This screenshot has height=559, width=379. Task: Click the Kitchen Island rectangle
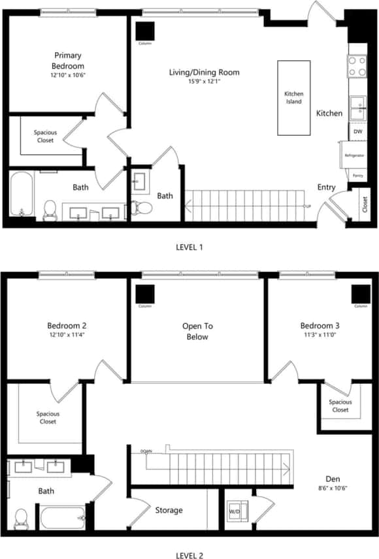coord(293,98)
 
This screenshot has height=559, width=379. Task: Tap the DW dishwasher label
coord(357,132)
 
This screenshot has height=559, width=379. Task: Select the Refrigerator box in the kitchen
coord(354,155)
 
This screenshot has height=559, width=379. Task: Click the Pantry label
coord(357,176)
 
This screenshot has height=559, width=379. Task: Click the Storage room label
coord(169,510)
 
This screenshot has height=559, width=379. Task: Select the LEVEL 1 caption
coord(189,247)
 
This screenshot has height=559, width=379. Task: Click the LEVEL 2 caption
coord(189,555)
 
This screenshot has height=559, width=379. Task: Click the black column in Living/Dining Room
coord(145,31)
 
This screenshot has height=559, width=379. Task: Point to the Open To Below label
coord(197,331)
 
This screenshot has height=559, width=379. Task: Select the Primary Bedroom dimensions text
coord(69,75)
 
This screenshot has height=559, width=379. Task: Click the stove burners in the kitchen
coord(357,65)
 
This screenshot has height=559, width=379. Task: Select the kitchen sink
coord(357,107)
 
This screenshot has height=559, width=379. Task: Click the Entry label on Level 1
coord(326,187)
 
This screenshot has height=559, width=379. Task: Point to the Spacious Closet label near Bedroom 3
coord(340,406)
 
